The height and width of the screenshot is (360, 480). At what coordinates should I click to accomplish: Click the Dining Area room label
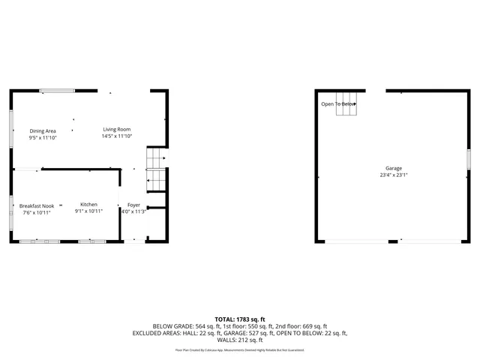43,131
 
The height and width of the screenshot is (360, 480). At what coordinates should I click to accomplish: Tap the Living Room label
116,130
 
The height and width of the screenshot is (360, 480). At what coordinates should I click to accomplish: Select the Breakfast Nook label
36,205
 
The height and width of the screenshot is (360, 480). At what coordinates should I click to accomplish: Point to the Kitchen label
88,205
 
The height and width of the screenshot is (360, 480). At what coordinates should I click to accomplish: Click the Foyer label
133,205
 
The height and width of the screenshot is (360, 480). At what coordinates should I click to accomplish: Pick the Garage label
393,168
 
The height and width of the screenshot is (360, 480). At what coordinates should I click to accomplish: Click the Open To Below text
337,104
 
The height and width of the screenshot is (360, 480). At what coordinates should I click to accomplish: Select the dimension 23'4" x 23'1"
393,175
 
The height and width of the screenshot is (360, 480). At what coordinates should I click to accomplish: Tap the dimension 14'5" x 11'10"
117,136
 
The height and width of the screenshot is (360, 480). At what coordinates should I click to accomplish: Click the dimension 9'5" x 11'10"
43,138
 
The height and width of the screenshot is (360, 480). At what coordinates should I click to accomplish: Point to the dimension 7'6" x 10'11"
36,212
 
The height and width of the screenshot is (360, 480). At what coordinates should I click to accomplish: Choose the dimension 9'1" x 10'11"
88,211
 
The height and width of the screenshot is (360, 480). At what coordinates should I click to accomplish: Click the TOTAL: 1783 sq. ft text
240,319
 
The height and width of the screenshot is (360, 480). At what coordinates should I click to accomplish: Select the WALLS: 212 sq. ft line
240,340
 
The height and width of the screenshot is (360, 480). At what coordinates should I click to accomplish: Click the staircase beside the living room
156,169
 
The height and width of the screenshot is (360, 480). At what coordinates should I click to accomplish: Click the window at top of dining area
57,91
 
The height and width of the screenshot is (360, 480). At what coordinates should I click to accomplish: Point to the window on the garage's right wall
467,160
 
